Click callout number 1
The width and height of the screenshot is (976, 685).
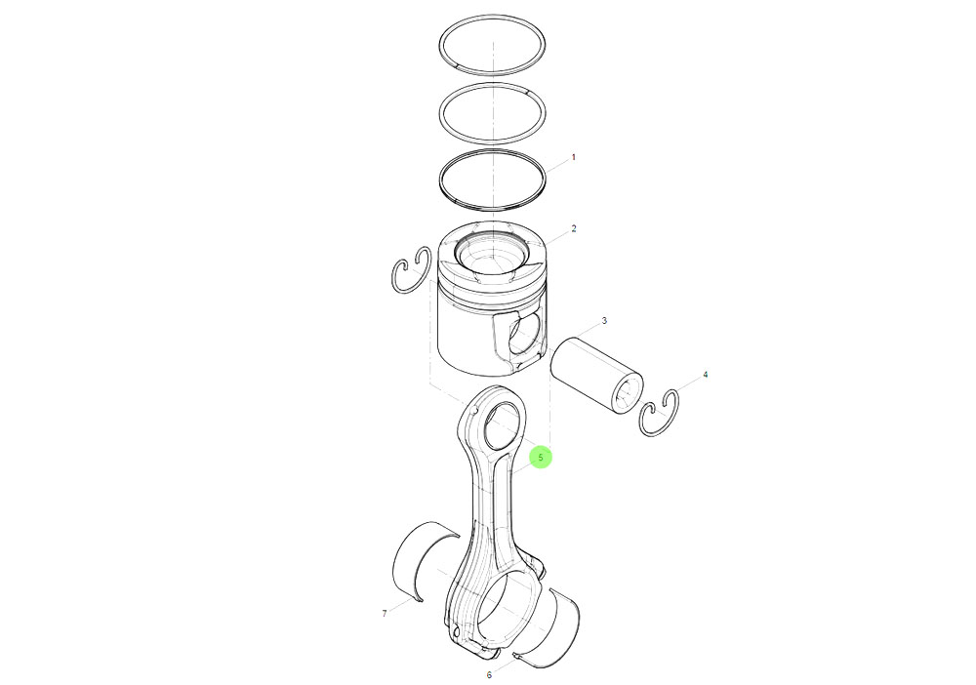point(573,156)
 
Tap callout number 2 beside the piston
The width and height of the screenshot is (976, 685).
point(573,228)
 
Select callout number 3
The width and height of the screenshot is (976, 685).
point(604,321)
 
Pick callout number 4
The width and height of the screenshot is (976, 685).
point(706,375)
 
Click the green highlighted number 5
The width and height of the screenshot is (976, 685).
point(541,457)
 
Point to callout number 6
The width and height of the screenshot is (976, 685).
point(489,674)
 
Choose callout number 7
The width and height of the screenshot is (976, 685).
point(385,614)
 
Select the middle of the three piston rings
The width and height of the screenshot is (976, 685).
point(493,109)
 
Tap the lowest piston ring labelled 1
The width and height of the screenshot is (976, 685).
point(493,179)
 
